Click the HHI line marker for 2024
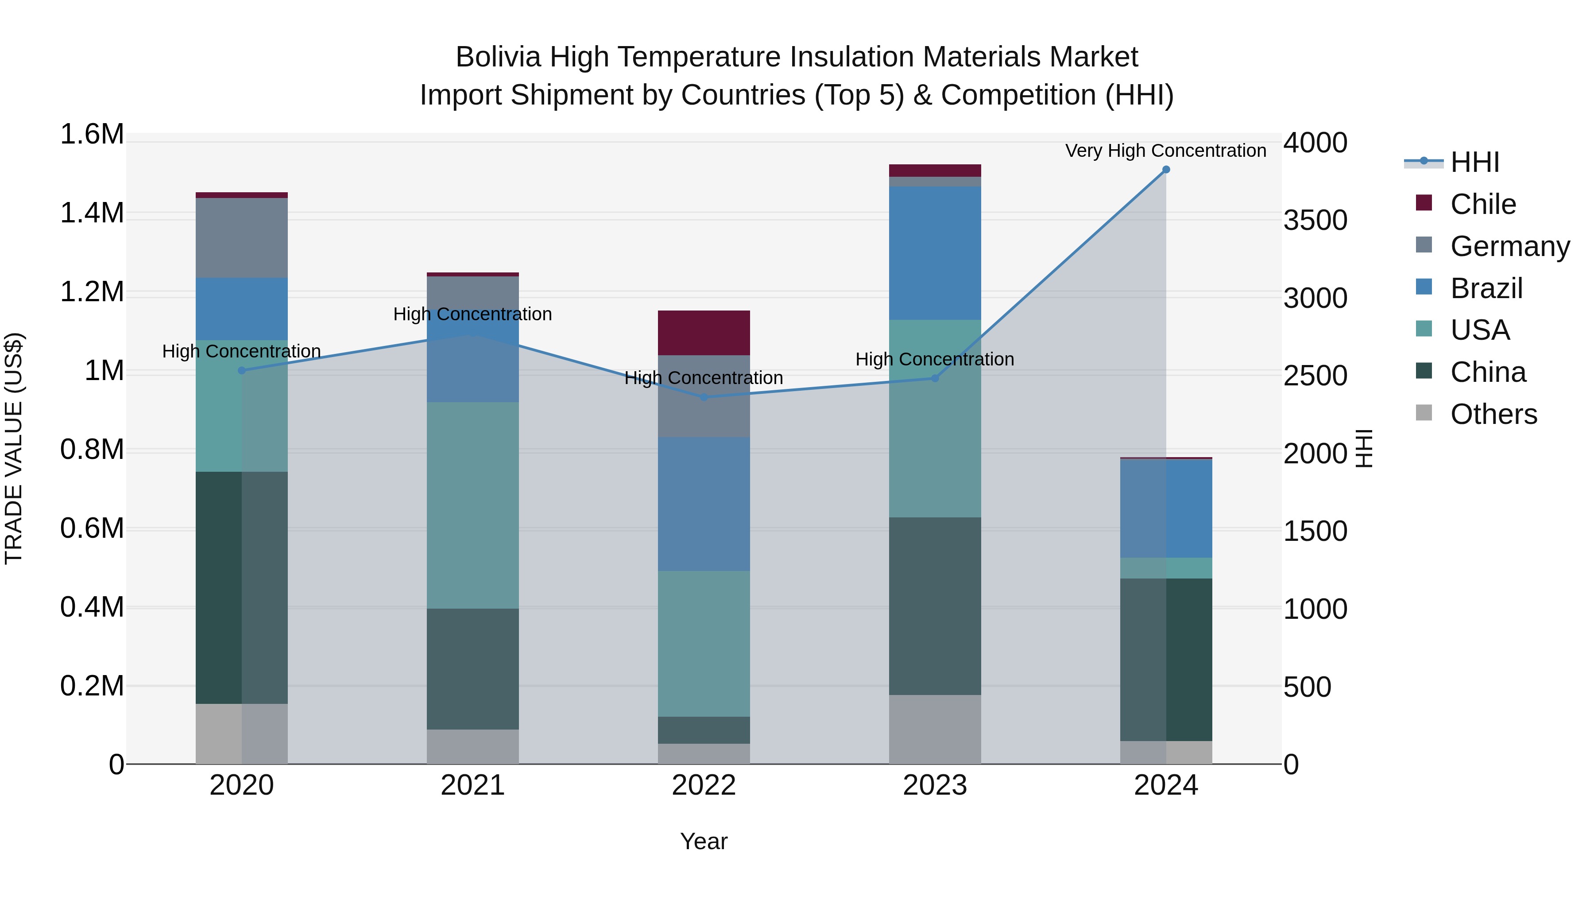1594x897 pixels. click(1166, 169)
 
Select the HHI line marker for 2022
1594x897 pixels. click(704, 397)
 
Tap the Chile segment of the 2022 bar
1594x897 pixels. click(704, 332)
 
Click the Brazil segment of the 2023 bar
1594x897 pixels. click(934, 252)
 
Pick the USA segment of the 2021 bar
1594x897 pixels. click(473, 505)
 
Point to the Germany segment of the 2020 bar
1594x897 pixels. click(241, 238)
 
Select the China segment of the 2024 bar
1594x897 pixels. click(1166, 659)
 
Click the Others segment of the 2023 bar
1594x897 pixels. click(934, 729)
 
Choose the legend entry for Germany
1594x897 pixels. click(1509, 246)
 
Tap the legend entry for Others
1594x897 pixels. click(1493, 414)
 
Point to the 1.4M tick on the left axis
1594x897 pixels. click(92, 213)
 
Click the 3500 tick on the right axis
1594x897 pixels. click(1315, 221)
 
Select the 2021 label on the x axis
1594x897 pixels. click(473, 785)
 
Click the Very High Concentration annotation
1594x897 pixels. click(1165, 151)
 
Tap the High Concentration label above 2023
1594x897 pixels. click(934, 359)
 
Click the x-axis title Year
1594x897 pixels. click(704, 841)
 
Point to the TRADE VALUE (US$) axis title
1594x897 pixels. click(14, 448)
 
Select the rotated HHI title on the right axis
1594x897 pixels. click(1363, 448)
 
